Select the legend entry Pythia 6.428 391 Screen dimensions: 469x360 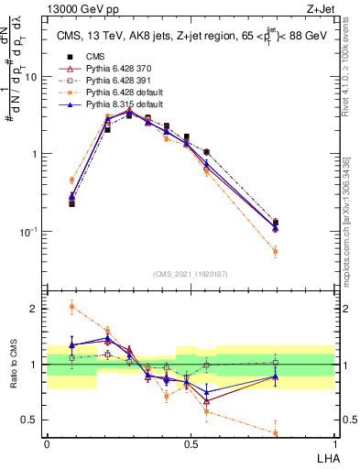[112, 82]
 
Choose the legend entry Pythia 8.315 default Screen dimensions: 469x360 [115, 105]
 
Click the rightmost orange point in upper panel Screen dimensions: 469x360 [276, 251]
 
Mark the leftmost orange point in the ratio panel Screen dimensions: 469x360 [71, 307]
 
